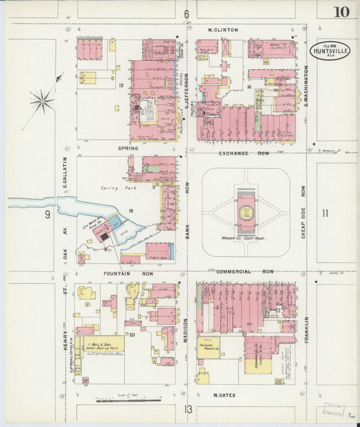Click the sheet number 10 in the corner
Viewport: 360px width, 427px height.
click(x=341, y=11)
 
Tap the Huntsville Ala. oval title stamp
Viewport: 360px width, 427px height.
click(x=330, y=51)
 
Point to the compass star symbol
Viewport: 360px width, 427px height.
click(x=42, y=101)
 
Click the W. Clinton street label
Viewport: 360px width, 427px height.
click(x=223, y=30)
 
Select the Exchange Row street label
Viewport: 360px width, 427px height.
click(x=234, y=153)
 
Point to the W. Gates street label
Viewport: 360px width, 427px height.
click(x=224, y=395)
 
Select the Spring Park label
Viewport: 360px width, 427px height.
click(x=114, y=189)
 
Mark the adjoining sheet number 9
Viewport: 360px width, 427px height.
click(x=48, y=215)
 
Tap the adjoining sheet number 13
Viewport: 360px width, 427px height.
click(x=188, y=409)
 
